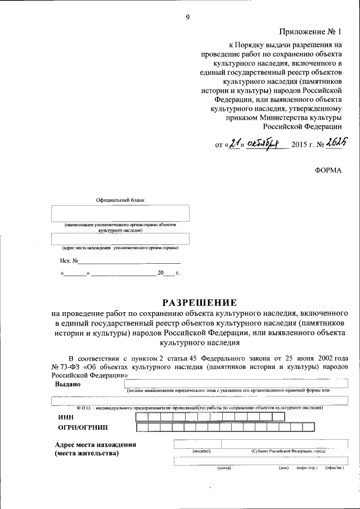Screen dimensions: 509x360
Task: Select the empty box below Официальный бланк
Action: [x=120, y=213]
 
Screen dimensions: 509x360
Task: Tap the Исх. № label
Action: [x=68, y=261]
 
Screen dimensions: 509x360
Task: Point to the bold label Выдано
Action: [x=67, y=384]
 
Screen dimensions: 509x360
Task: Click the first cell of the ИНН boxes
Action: [x=141, y=417]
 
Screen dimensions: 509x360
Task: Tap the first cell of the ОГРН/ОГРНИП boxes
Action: [x=142, y=427]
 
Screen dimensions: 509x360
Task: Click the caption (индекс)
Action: [x=201, y=451]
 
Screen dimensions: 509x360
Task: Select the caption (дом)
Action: [x=283, y=467]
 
